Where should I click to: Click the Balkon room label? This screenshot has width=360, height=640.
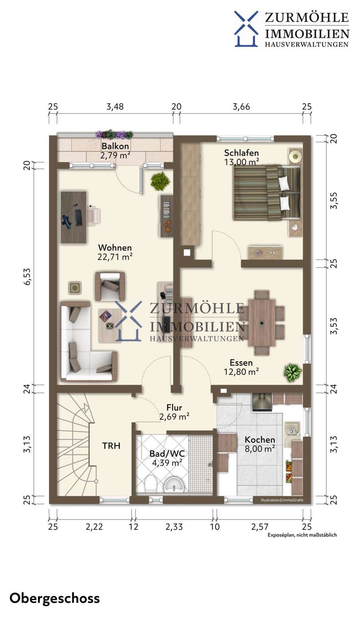click(115, 146)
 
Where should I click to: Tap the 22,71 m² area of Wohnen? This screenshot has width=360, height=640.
click(115, 257)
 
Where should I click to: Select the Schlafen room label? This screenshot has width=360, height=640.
click(241, 153)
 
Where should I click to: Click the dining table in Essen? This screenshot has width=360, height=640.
click(262, 323)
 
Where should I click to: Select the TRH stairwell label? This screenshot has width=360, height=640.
click(111, 446)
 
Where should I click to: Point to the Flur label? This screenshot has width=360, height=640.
click(174, 408)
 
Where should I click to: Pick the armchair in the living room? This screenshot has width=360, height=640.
click(110, 286)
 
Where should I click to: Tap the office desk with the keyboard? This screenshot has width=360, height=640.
click(74, 217)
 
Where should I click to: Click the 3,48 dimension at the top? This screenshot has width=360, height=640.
click(115, 107)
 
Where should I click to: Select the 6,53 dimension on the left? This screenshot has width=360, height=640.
click(27, 276)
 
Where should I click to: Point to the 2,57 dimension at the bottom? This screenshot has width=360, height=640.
click(260, 527)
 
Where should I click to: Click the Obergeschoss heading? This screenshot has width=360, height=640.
click(55, 599)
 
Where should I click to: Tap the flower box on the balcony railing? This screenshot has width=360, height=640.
click(114, 134)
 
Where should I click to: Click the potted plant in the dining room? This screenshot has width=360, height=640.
click(292, 372)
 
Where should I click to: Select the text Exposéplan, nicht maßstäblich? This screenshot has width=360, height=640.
click(302, 535)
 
